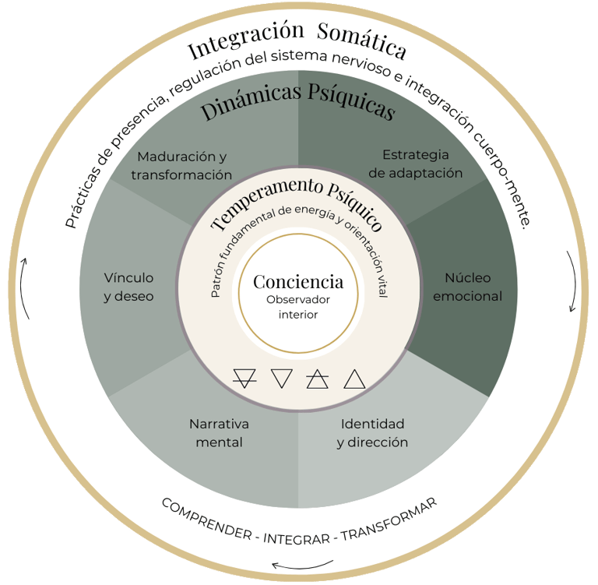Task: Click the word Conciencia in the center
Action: point(298,282)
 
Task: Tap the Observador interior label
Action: point(298,307)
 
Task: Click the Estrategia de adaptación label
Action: point(416,164)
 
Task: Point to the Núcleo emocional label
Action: point(467,287)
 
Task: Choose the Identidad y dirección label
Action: point(372,433)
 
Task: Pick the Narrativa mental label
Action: point(219,433)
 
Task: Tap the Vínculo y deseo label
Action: point(128,287)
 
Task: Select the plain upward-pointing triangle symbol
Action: point(354,379)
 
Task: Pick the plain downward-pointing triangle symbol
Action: point(281,379)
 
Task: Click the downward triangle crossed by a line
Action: point(244,379)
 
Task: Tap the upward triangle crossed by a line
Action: point(317,379)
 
